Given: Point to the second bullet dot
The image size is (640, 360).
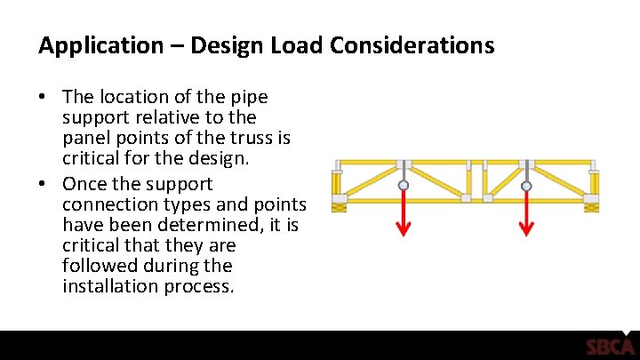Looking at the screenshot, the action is coord(44,185).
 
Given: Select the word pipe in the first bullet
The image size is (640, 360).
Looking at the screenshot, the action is coord(250,97).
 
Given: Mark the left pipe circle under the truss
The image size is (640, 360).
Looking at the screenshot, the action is coord(404,187).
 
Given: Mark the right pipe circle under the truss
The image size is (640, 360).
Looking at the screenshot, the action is coord(526,187).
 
